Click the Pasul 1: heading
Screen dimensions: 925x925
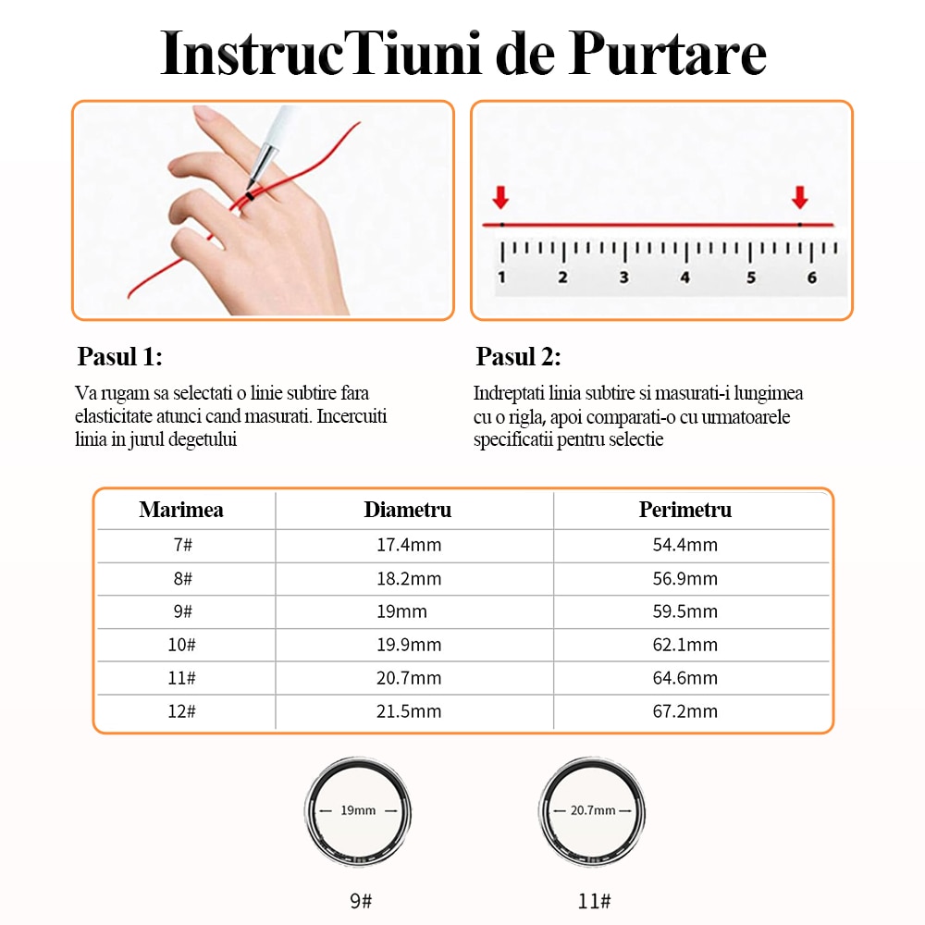(x=120, y=357)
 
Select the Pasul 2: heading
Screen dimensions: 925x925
(x=518, y=357)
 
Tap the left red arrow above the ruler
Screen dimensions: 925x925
(x=500, y=196)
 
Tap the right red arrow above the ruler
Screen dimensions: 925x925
(x=800, y=196)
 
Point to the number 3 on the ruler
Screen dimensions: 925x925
(x=623, y=277)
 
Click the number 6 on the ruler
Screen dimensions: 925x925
(x=812, y=277)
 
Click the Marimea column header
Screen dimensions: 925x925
(x=181, y=510)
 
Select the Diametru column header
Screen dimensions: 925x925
(x=408, y=510)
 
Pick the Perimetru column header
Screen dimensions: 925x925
(x=684, y=510)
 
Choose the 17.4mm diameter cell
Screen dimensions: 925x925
(x=408, y=545)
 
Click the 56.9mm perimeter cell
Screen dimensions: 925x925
(x=684, y=578)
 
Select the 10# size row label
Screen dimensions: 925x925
(x=181, y=645)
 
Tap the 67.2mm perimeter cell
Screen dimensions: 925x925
(x=684, y=711)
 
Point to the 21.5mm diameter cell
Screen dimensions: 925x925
(x=408, y=711)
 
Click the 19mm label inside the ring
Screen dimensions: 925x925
(x=358, y=810)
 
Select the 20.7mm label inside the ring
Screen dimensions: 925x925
(x=592, y=810)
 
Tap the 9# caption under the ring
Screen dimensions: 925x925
(x=360, y=900)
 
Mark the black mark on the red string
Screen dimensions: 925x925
(x=250, y=196)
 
